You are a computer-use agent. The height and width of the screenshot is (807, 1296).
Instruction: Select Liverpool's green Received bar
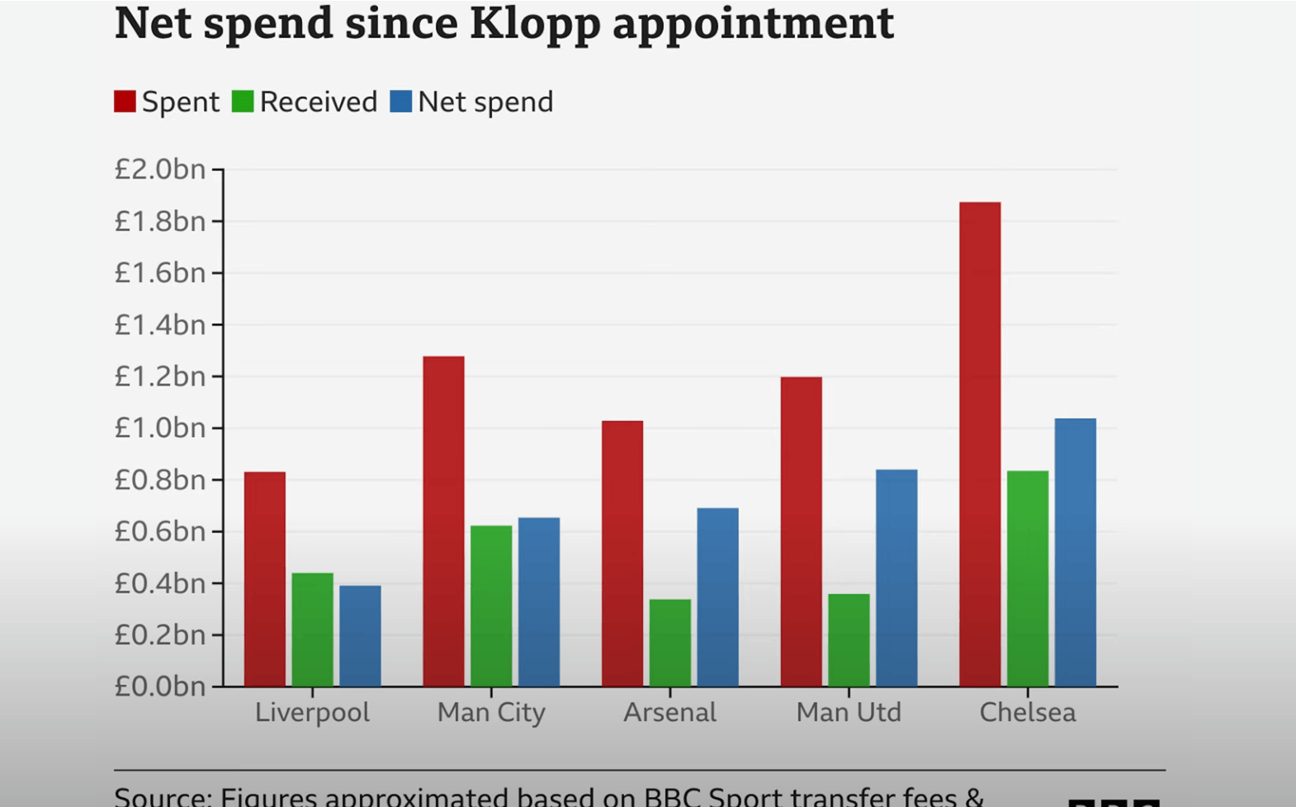[312, 629]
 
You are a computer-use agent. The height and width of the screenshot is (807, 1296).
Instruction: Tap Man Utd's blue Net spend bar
[896, 578]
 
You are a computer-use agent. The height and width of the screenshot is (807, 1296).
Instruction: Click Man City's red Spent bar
[443, 521]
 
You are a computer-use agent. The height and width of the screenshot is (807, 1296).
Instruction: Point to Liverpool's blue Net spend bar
[360, 635]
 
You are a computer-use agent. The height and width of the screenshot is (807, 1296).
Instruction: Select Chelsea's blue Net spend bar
[1076, 552]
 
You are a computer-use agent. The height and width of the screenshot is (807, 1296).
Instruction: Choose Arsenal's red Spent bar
[622, 553]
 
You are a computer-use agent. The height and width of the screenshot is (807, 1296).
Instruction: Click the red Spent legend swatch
[125, 101]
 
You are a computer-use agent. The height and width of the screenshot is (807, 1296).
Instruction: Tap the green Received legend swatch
[243, 101]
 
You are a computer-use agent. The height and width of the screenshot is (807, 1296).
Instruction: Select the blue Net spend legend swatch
[401, 101]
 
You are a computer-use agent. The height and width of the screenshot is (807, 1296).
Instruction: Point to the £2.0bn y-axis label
[160, 169]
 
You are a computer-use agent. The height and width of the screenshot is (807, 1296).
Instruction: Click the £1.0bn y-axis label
[160, 428]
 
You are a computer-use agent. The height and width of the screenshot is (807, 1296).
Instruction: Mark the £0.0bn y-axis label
[160, 687]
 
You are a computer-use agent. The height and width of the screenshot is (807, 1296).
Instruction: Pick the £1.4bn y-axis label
[160, 325]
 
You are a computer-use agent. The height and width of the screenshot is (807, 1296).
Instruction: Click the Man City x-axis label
[491, 712]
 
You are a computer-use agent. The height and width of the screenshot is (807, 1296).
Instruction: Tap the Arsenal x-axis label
[669, 712]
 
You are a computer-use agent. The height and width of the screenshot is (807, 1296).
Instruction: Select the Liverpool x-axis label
[312, 712]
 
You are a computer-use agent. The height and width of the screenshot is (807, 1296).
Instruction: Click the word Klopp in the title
[534, 23]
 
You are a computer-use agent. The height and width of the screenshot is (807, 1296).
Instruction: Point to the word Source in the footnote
[162, 797]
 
